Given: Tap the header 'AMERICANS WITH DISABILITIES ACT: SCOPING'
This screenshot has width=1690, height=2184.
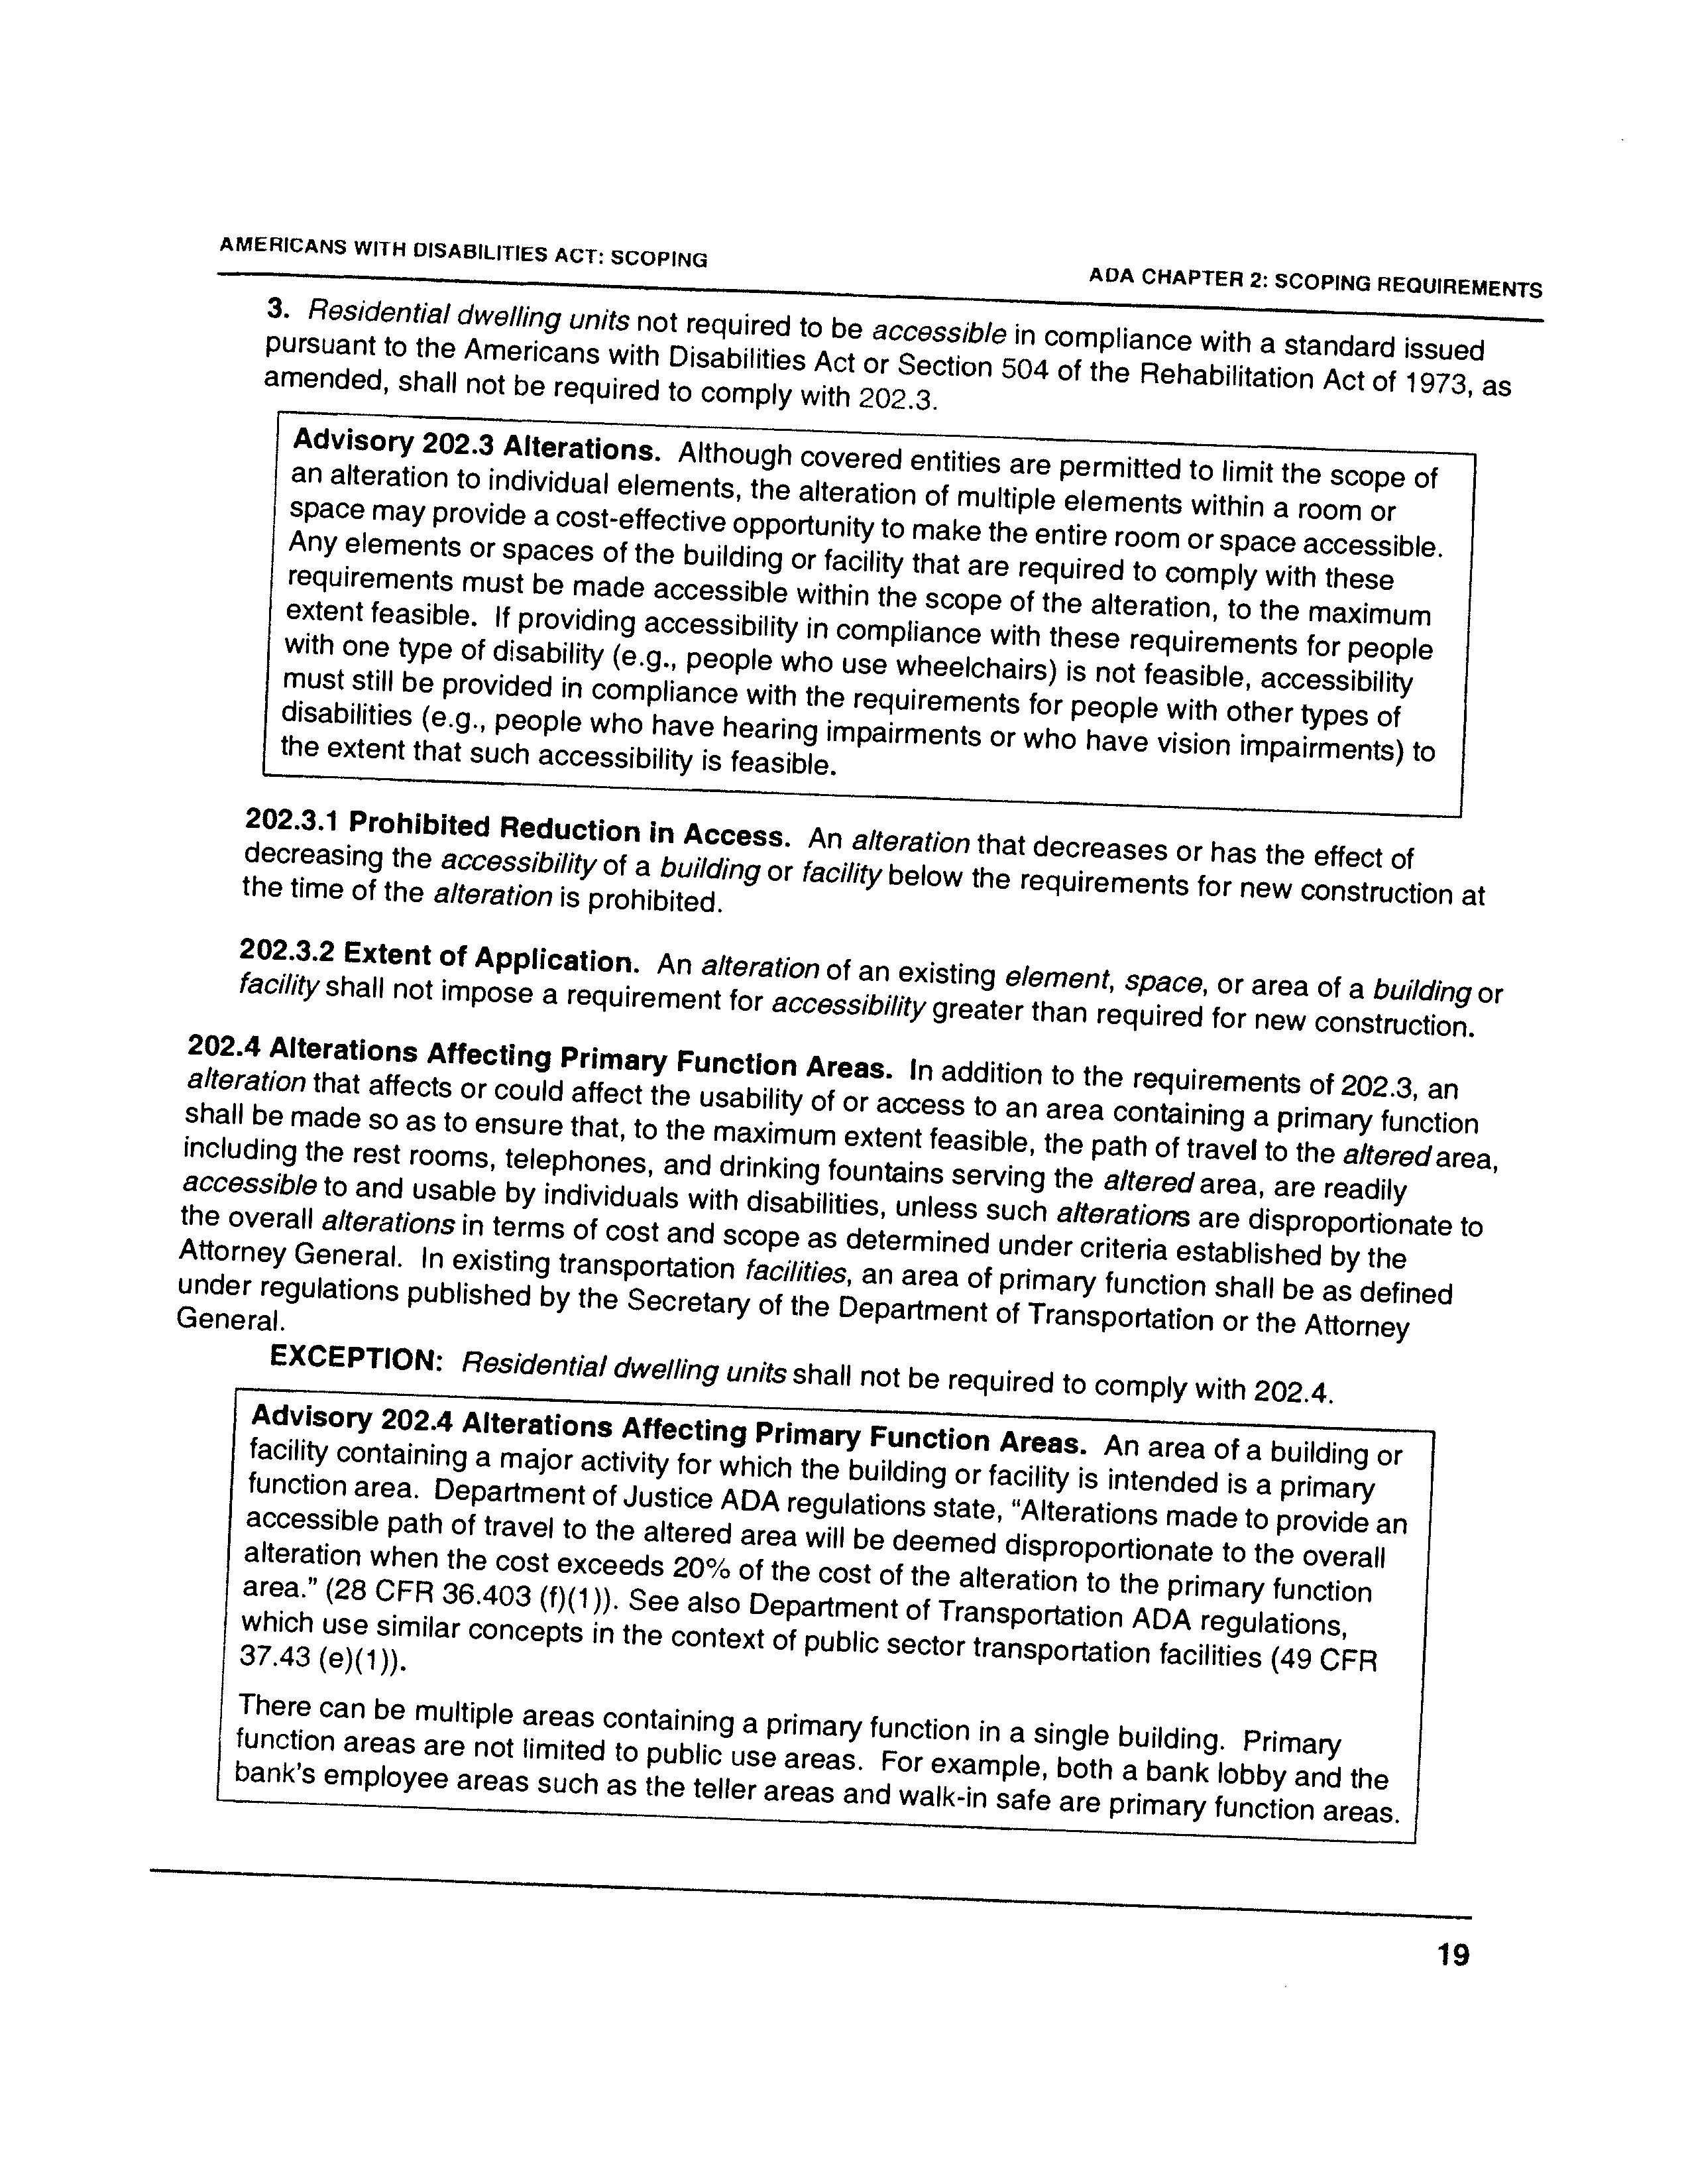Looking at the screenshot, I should click(463, 251).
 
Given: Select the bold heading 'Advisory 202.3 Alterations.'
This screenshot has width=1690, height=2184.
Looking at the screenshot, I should click(476, 445).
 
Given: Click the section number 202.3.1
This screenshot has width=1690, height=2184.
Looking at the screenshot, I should click(292, 819).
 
